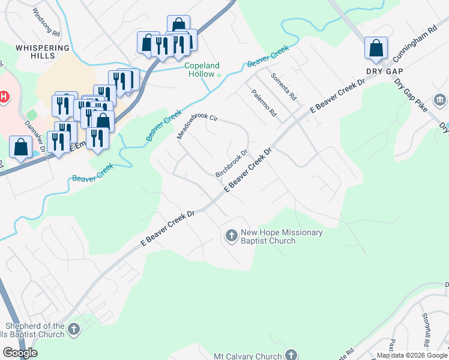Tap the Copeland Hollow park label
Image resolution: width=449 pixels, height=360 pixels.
(x=202, y=70)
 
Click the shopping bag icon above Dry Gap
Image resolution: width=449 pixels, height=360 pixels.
(x=376, y=48)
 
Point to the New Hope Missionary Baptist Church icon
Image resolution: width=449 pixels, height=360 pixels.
(x=232, y=236)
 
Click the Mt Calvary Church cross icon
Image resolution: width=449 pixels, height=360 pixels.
(x=292, y=356)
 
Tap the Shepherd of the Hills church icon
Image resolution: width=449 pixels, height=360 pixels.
(x=73, y=329)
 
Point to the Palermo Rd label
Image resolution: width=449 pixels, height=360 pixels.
(x=264, y=103)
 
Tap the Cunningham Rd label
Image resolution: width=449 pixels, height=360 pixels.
(x=415, y=45)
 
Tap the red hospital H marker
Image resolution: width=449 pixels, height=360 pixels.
(x=4, y=97)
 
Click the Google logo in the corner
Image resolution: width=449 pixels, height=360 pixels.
(x=20, y=353)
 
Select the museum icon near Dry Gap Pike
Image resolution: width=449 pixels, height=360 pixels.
(x=440, y=99)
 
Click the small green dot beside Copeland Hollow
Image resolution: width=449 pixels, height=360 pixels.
(x=219, y=75)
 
